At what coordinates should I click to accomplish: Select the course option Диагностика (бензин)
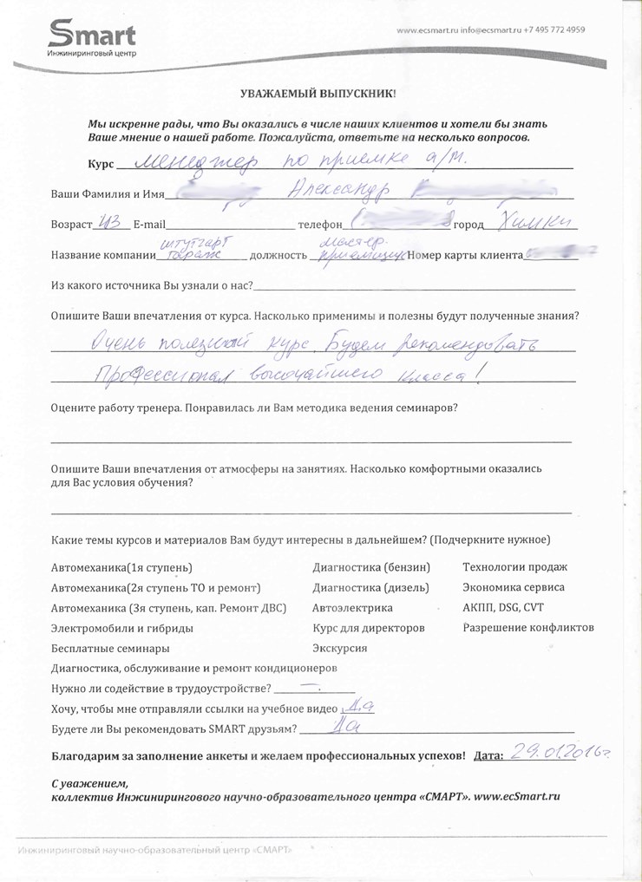pyautogui.click(x=370, y=567)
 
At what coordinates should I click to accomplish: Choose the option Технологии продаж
pyautogui.click(x=514, y=567)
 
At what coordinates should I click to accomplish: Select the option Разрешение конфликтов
pyautogui.click(x=527, y=627)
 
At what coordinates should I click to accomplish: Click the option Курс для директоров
pyautogui.click(x=368, y=627)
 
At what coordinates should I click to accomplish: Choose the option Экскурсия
pyautogui.click(x=339, y=648)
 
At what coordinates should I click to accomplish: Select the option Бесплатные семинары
pyautogui.click(x=110, y=648)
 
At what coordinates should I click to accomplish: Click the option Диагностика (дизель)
pyautogui.click(x=370, y=587)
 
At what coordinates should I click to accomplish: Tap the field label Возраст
pyautogui.click(x=71, y=225)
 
